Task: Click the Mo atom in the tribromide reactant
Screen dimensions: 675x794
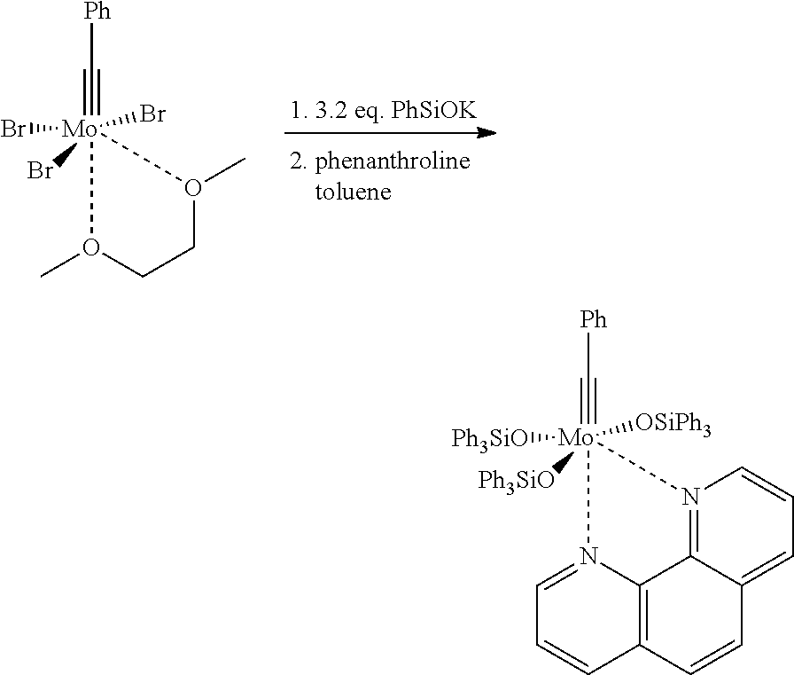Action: [79, 130]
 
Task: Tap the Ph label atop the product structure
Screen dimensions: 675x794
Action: [593, 320]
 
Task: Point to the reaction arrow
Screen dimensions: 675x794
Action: [390, 133]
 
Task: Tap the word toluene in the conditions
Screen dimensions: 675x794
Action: [353, 192]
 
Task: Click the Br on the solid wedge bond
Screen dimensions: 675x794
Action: [41, 171]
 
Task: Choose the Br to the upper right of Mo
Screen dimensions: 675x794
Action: [153, 114]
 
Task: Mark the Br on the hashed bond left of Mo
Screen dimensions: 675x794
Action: [13, 130]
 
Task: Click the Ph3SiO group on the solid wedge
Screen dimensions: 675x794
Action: [517, 481]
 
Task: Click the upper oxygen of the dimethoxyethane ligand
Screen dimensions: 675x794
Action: [193, 187]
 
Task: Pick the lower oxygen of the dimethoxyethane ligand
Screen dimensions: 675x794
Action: [91, 247]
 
